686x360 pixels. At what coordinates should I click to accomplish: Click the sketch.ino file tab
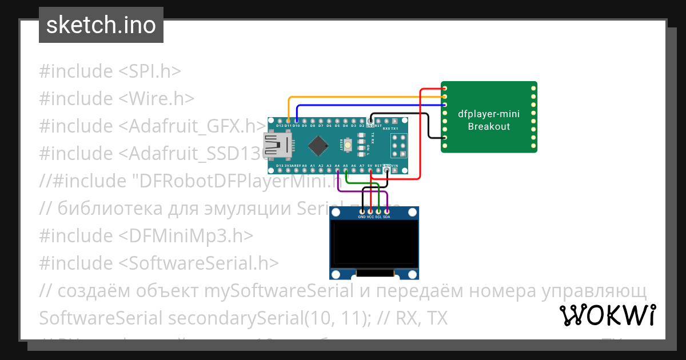(x=101, y=26)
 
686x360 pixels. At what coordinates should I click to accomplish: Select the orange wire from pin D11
(x=366, y=97)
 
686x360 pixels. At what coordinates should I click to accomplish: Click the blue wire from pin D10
(x=372, y=105)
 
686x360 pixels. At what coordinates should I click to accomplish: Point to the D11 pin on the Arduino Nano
(x=288, y=121)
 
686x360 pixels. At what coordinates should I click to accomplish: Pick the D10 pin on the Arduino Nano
(x=297, y=121)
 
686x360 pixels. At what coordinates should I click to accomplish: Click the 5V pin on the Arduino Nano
(x=370, y=169)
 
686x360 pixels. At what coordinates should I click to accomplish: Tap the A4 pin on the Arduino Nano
(x=337, y=169)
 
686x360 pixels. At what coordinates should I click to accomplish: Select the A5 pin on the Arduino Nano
(x=346, y=169)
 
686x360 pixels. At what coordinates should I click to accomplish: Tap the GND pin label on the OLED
(x=362, y=217)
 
